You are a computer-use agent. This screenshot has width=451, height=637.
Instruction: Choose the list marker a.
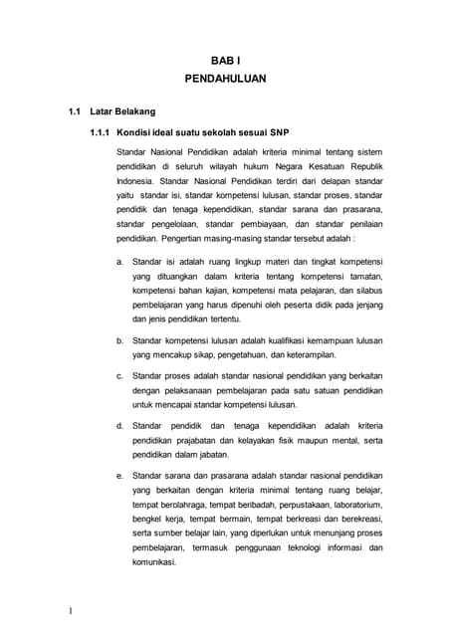(119, 261)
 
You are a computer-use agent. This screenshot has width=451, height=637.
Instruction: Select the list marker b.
(119, 340)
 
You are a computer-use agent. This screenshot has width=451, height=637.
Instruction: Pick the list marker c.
(119, 376)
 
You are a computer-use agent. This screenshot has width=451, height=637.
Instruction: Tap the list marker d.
(119, 426)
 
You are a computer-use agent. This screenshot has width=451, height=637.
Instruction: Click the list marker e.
(119, 476)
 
